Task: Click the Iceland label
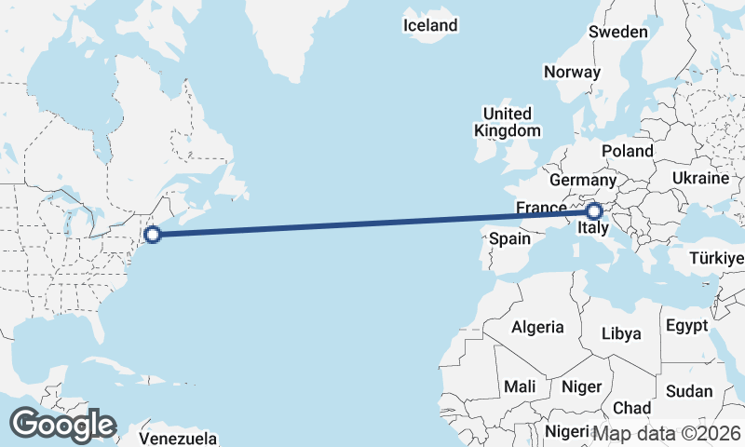[x=430, y=25]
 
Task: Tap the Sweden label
[x=617, y=32]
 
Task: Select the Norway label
[x=572, y=72]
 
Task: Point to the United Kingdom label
[x=507, y=122]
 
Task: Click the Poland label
[x=627, y=151]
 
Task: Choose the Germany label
[x=583, y=180]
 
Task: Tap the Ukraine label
[x=699, y=177]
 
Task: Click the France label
[x=541, y=208]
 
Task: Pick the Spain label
[x=510, y=238]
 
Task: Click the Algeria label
[x=537, y=327]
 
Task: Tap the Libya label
[x=621, y=333]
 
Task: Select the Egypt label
[x=686, y=327]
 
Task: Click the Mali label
[x=519, y=386]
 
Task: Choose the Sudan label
[x=689, y=390]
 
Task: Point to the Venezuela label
[x=179, y=438]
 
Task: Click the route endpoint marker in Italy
[x=593, y=212]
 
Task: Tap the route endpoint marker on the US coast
[x=154, y=234]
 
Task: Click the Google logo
[x=62, y=424]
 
